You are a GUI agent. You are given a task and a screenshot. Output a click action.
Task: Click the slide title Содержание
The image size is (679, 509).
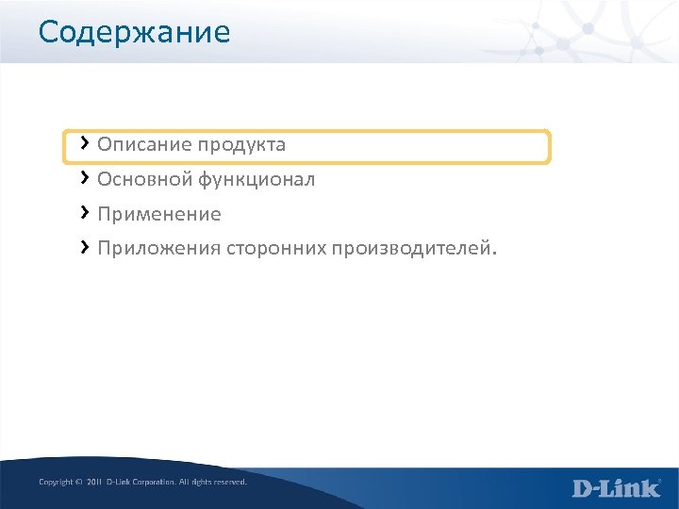point(134,33)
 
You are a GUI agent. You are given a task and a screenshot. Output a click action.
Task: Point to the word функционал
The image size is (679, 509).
point(256,179)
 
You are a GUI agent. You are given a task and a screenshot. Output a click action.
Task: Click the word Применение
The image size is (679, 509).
point(159,215)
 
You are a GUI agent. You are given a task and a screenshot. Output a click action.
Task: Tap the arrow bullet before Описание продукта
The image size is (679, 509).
point(85,143)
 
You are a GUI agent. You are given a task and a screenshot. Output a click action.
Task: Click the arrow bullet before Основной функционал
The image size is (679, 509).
point(85,177)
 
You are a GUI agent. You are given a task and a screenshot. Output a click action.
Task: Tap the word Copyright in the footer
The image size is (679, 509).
point(55,482)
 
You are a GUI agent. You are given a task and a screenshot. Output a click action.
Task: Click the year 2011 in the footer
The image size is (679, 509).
point(93,482)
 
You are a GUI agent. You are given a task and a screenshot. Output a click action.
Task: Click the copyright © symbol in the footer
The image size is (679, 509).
point(78,482)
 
